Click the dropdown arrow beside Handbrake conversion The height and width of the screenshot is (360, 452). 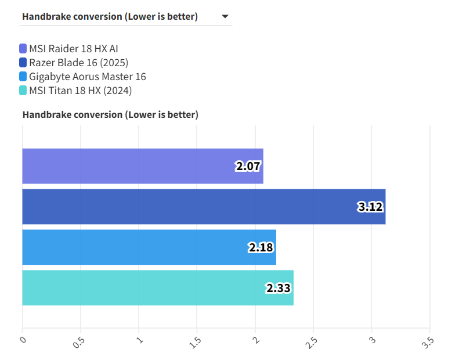tap(225, 17)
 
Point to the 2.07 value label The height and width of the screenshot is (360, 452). tap(248, 167)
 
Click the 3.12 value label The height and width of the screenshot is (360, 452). tap(371, 207)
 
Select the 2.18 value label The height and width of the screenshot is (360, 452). tap(261, 247)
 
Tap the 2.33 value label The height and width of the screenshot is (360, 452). tap(279, 288)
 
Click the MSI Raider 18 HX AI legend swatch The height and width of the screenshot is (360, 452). tap(23, 48)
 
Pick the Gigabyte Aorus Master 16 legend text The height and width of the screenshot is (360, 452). tap(88, 76)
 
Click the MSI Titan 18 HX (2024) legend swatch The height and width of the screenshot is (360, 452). tap(23, 90)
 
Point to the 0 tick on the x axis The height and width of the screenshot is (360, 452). tap(23, 339)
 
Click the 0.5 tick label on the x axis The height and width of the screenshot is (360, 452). tap(80, 341)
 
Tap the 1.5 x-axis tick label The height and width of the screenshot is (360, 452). tap(197, 341)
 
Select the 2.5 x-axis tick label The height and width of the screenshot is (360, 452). tap(313, 341)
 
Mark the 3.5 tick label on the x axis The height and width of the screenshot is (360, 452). tap(429, 341)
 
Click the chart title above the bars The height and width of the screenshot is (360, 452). tap(110, 114)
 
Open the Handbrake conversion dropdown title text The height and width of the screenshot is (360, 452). tap(110, 16)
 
